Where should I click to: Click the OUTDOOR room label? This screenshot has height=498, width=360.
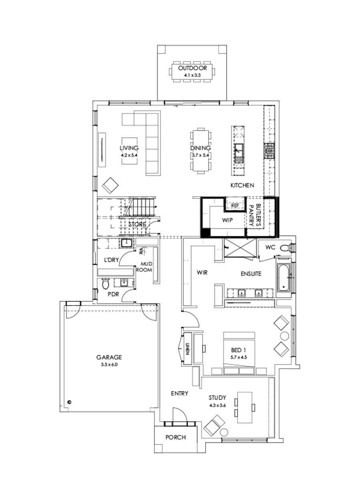(193, 68)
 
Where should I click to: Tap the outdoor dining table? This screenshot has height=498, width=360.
(193, 72)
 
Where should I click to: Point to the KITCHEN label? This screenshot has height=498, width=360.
(242, 186)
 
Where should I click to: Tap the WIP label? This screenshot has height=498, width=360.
(228, 220)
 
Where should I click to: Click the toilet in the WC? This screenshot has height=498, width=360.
(285, 248)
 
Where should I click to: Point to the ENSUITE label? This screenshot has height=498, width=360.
(251, 274)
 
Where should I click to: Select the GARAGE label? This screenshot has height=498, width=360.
(109, 357)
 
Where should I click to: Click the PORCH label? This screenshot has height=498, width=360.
(176, 437)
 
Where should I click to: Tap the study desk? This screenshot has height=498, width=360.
(244, 407)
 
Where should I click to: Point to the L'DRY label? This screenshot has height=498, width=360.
(111, 260)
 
